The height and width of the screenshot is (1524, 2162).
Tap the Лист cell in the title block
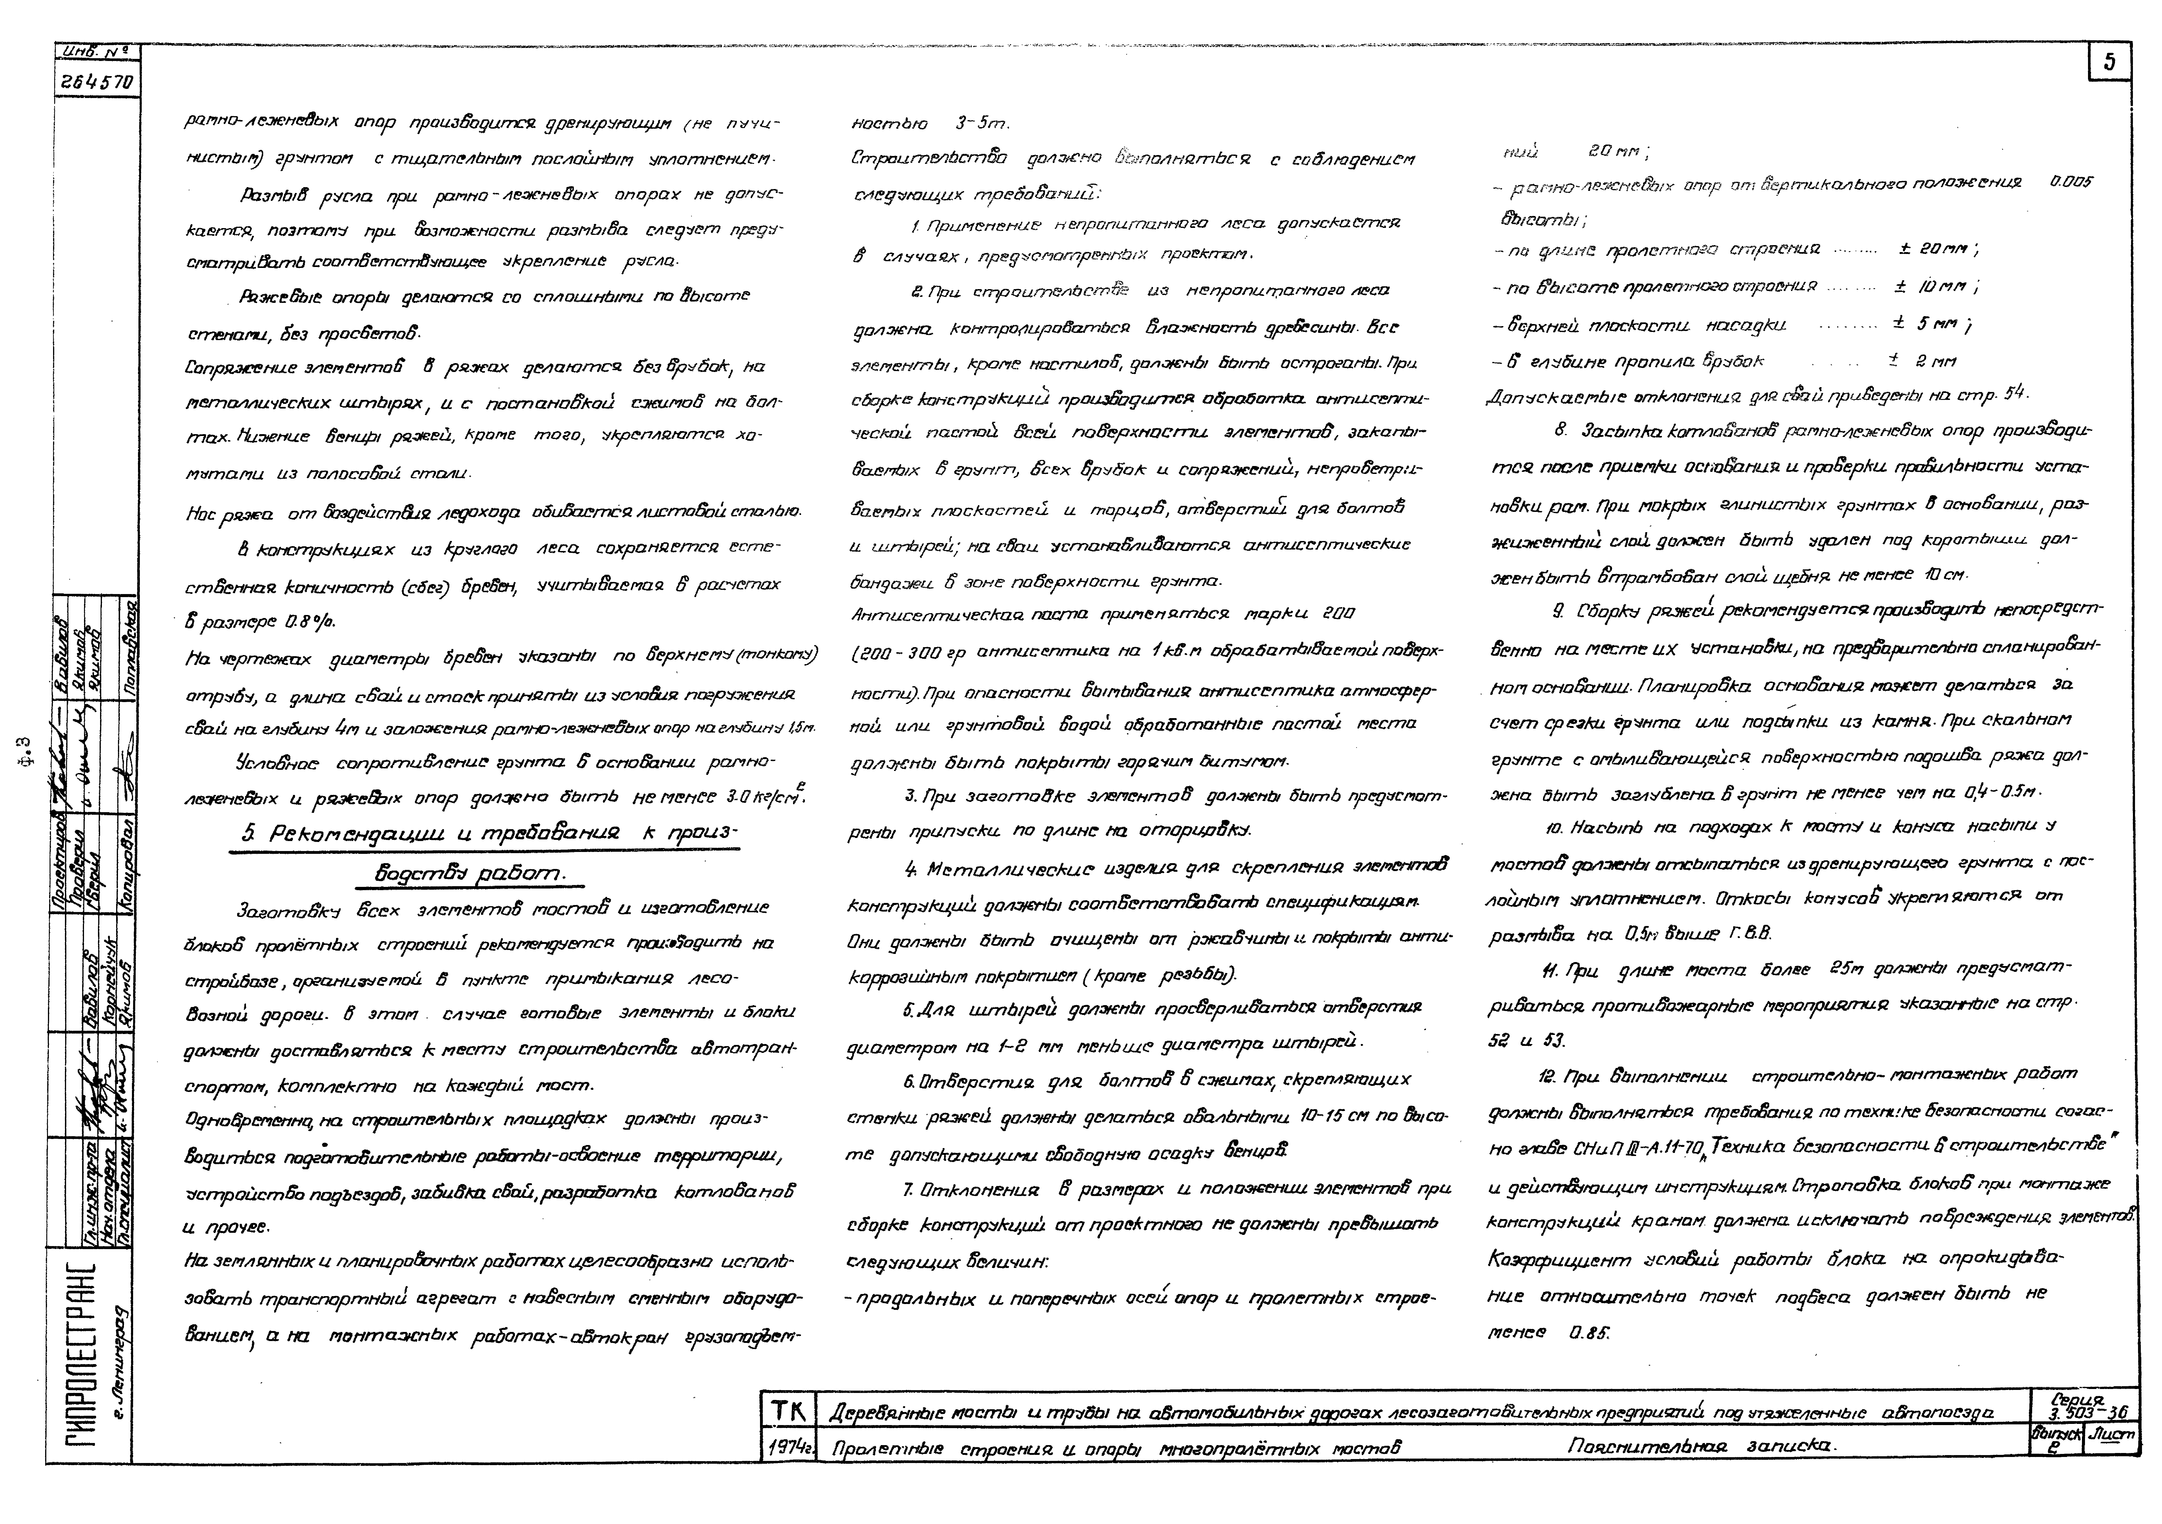tap(2112, 1436)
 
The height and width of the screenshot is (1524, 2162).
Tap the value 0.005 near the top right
tap(2072, 182)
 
